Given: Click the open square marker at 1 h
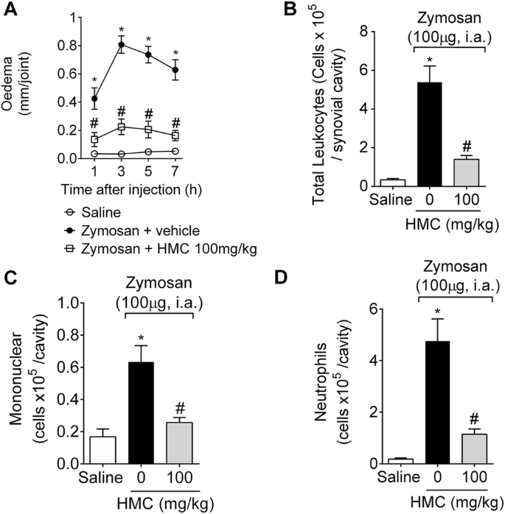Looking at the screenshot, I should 94,138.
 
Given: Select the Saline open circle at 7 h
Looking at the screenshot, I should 175,151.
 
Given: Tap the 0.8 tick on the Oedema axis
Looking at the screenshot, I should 65,46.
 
